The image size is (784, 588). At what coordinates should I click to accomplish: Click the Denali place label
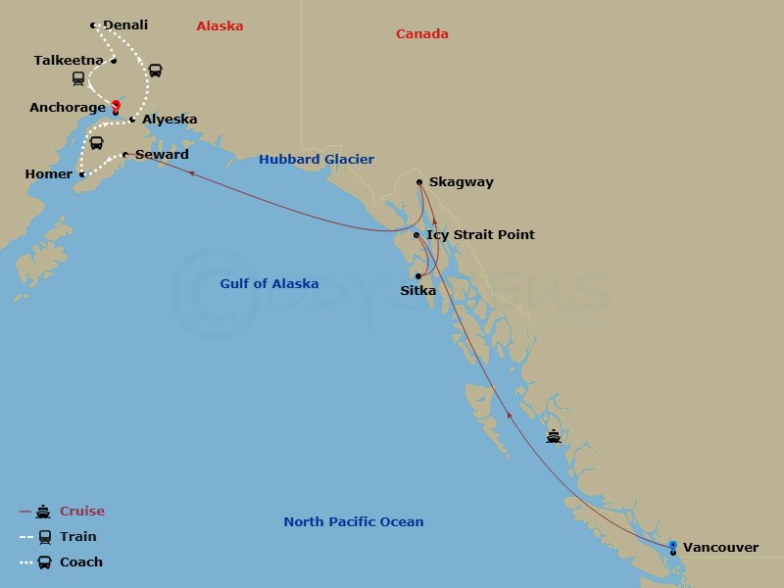pyautogui.click(x=124, y=25)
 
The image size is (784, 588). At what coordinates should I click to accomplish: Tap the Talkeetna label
pyautogui.click(x=69, y=61)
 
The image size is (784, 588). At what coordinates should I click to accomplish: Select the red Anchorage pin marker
pyautogui.click(x=116, y=106)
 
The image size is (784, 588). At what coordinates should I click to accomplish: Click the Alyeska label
pyautogui.click(x=170, y=120)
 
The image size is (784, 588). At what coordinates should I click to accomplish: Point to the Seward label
pyautogui.click(x=162, y=155)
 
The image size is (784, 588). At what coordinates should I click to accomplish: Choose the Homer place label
pyautogui.click(x=49, y=174)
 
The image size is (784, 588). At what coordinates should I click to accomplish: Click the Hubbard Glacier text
pyautogui.click(x=317, y=160)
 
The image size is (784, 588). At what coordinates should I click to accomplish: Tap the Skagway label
pyautogui.click(x=462, y=182)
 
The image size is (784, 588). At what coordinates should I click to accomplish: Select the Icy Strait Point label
pyautogui.click(x=481, y=235)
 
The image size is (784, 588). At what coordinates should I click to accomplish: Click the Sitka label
pyautogui.click(x=418, y=291)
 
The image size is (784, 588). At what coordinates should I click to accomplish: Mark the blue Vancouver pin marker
pyautogui.click(x=672, y=545)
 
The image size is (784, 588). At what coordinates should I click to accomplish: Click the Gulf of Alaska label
pyautogui.click(x=269, y=284)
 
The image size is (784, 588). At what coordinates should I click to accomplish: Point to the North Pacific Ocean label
pyautogui.click(x=354, y=522)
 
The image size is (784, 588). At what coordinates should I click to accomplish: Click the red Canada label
pyautogui.click(x=422, y=34)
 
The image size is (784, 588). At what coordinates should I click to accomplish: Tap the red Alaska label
pyautogui.click(x=220, y=26)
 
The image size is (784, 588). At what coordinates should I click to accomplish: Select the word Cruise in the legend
pyautogui.click(x=82, y=512)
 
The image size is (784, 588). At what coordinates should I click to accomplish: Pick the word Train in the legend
pyautogui.click(x=78, y=537)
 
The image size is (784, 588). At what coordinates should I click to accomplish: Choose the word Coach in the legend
pyautogui.click(x=81, y=563)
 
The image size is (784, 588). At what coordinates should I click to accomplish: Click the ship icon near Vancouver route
pyautogui.click(x=554, y=436)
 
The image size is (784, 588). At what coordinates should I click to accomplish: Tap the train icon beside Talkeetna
pyautogui.click(x=78, y=78)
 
